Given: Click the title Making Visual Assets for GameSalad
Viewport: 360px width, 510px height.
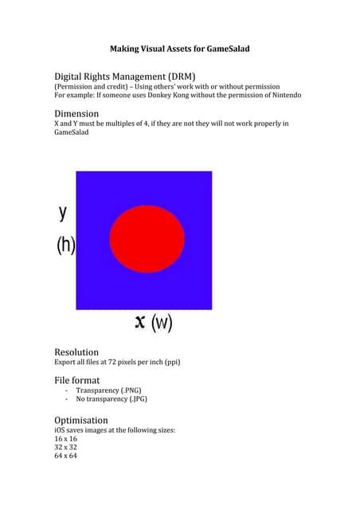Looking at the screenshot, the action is pos(179,49).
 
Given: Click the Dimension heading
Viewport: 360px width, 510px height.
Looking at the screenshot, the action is pos(76,113).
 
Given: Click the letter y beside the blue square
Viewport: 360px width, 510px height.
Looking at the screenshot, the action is pos(63,213).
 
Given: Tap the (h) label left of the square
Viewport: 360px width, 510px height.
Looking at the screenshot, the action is pos(65,245).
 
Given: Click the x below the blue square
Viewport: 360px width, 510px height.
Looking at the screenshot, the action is pos(140,322).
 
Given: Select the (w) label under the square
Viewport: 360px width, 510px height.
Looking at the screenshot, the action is pos(162,323).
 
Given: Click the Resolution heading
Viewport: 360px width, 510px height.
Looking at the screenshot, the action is pos(76,351).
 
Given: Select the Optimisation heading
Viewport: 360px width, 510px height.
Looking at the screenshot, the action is pos(80,420).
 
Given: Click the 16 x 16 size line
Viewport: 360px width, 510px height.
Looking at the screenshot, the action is pos(65,439).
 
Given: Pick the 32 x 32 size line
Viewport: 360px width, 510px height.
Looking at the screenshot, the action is pos(65,448).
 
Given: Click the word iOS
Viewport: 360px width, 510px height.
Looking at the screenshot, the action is pos(61,430).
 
